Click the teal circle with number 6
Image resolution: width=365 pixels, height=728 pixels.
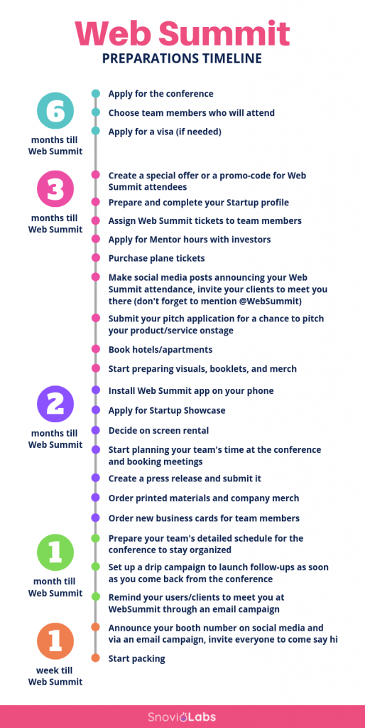[55, 110]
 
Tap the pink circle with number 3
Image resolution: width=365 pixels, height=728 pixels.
[55, 189]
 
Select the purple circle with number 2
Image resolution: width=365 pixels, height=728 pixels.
[55, 404]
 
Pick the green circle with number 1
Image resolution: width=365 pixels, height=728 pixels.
[55, 552]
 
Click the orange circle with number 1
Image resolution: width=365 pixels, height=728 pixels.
[55, 641]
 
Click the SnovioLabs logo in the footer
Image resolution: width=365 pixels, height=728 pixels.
[182, 717]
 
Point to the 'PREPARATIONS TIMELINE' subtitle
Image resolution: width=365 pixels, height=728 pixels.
[182, 58]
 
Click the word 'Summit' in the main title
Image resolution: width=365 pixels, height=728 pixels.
[227, 33]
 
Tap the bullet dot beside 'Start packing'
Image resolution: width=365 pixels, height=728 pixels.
[96, 658]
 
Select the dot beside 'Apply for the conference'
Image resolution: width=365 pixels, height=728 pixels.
[96, 94]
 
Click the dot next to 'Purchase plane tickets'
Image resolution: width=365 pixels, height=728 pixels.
[96, 257]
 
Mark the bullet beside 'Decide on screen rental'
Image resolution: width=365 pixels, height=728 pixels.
[96, 430]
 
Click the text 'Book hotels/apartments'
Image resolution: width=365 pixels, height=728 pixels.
[160, 350]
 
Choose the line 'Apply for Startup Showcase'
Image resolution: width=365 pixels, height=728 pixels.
[167, 411]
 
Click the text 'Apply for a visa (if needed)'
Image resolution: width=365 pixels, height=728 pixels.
[165, 132]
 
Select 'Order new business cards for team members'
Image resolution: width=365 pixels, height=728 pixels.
[204, 518]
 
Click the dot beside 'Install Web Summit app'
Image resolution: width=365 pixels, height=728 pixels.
[96, 390]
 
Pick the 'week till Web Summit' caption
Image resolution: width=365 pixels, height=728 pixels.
[55, 676]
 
